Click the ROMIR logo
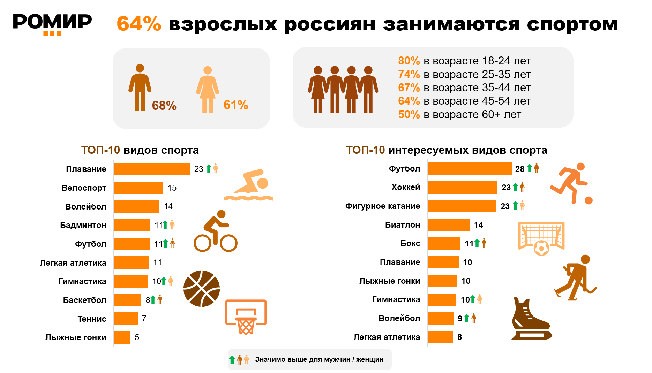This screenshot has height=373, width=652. pos(52,24)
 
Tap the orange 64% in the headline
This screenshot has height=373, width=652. pos(139,24)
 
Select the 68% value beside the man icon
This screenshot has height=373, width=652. pos(164,105)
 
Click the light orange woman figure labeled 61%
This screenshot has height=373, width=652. pos(208,89)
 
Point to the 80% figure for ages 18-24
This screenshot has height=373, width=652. pos(409,61)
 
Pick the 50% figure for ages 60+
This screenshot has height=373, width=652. pos(409,114)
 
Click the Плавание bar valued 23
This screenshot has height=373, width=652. pos(152,169)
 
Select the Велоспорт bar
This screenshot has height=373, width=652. pos(138,188)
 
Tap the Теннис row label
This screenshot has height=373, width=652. pos(92,319)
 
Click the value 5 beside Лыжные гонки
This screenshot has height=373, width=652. pos(137,337)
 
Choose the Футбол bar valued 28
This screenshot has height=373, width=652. pos(470,169)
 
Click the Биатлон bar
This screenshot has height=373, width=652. pos(448,225)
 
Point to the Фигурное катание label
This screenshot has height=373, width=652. pos(382,206)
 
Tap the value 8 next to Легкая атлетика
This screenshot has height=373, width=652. pos(459,337)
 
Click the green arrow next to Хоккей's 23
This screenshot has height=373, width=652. pos(515,187)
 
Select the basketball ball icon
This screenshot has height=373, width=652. pos(202,289)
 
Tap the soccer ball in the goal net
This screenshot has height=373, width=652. pos(541,248)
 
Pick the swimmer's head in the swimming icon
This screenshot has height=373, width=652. pos(262,183)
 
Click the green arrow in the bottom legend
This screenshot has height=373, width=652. pos(232,360)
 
